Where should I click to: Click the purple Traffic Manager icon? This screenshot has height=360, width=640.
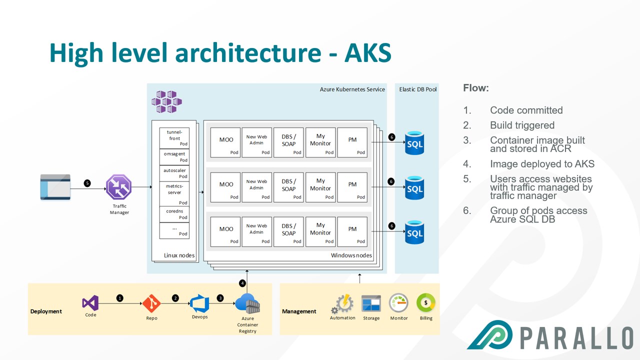pos(119,188)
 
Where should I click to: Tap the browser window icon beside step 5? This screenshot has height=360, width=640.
pos(55,186)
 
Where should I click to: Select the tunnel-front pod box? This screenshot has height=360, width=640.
pos(174,137)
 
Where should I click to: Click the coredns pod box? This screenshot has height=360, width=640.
pos(174,213)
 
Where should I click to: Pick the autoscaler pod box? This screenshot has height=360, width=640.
pos(174,173)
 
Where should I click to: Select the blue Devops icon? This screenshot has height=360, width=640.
pos(199,303)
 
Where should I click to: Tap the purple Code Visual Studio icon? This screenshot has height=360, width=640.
pos(90,302)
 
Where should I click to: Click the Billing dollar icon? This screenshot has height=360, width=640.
pos(426,303)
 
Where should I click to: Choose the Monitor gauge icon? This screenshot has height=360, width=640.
pos(398,303)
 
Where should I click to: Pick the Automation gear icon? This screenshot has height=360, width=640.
pos(343,304)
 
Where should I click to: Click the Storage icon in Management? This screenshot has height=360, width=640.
pos(371,304)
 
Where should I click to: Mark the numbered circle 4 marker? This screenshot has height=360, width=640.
pos(242,283)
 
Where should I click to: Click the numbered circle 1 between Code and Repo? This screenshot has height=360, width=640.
pos(120,298)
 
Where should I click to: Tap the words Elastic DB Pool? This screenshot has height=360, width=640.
pos(417,89)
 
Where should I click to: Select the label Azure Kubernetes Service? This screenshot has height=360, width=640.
pos(352,89)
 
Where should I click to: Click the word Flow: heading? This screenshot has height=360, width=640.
pos(476,88)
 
